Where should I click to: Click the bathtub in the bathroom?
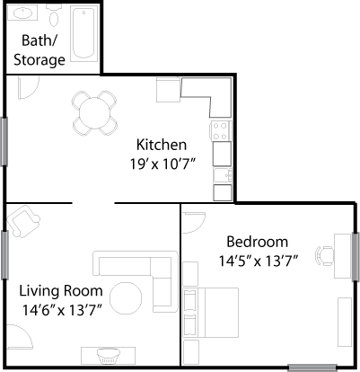83,33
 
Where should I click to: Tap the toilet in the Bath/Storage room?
54,16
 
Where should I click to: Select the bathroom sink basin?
22,13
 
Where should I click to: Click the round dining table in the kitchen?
95,113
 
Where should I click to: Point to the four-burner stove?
222,130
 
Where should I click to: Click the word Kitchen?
162,145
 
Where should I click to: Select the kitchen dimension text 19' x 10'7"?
162,164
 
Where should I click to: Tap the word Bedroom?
258,242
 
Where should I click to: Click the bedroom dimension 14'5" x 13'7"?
259,261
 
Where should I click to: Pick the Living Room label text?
61,291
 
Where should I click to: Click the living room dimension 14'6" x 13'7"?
61,310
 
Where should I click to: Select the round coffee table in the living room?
126,298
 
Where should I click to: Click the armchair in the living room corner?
23,221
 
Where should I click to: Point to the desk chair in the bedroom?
325,256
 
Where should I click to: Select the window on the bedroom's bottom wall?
312,368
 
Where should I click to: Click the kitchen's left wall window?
4,141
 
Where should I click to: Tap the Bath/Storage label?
40,50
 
